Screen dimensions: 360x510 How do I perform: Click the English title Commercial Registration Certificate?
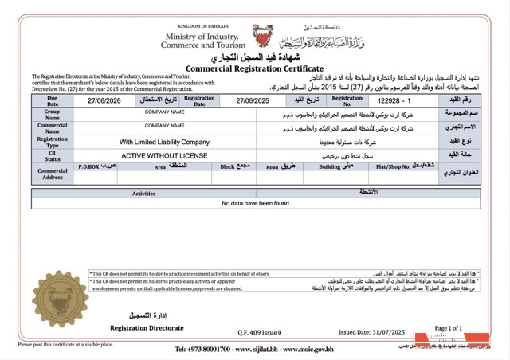254,69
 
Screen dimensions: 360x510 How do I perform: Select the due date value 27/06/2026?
104,101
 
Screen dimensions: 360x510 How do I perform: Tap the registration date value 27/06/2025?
253,101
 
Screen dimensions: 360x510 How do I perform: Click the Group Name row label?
53,115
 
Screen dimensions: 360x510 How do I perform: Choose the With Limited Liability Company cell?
164,142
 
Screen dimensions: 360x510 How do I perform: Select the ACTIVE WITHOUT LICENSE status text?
164,156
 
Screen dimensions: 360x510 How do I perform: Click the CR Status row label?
53,156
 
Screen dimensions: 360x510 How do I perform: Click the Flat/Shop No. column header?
406,167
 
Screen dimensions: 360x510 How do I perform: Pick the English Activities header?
143,194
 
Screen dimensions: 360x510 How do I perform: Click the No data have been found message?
256,204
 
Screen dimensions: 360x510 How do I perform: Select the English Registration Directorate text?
146,328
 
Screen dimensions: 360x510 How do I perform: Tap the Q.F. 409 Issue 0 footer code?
259,332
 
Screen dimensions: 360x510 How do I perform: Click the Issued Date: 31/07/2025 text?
372,332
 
